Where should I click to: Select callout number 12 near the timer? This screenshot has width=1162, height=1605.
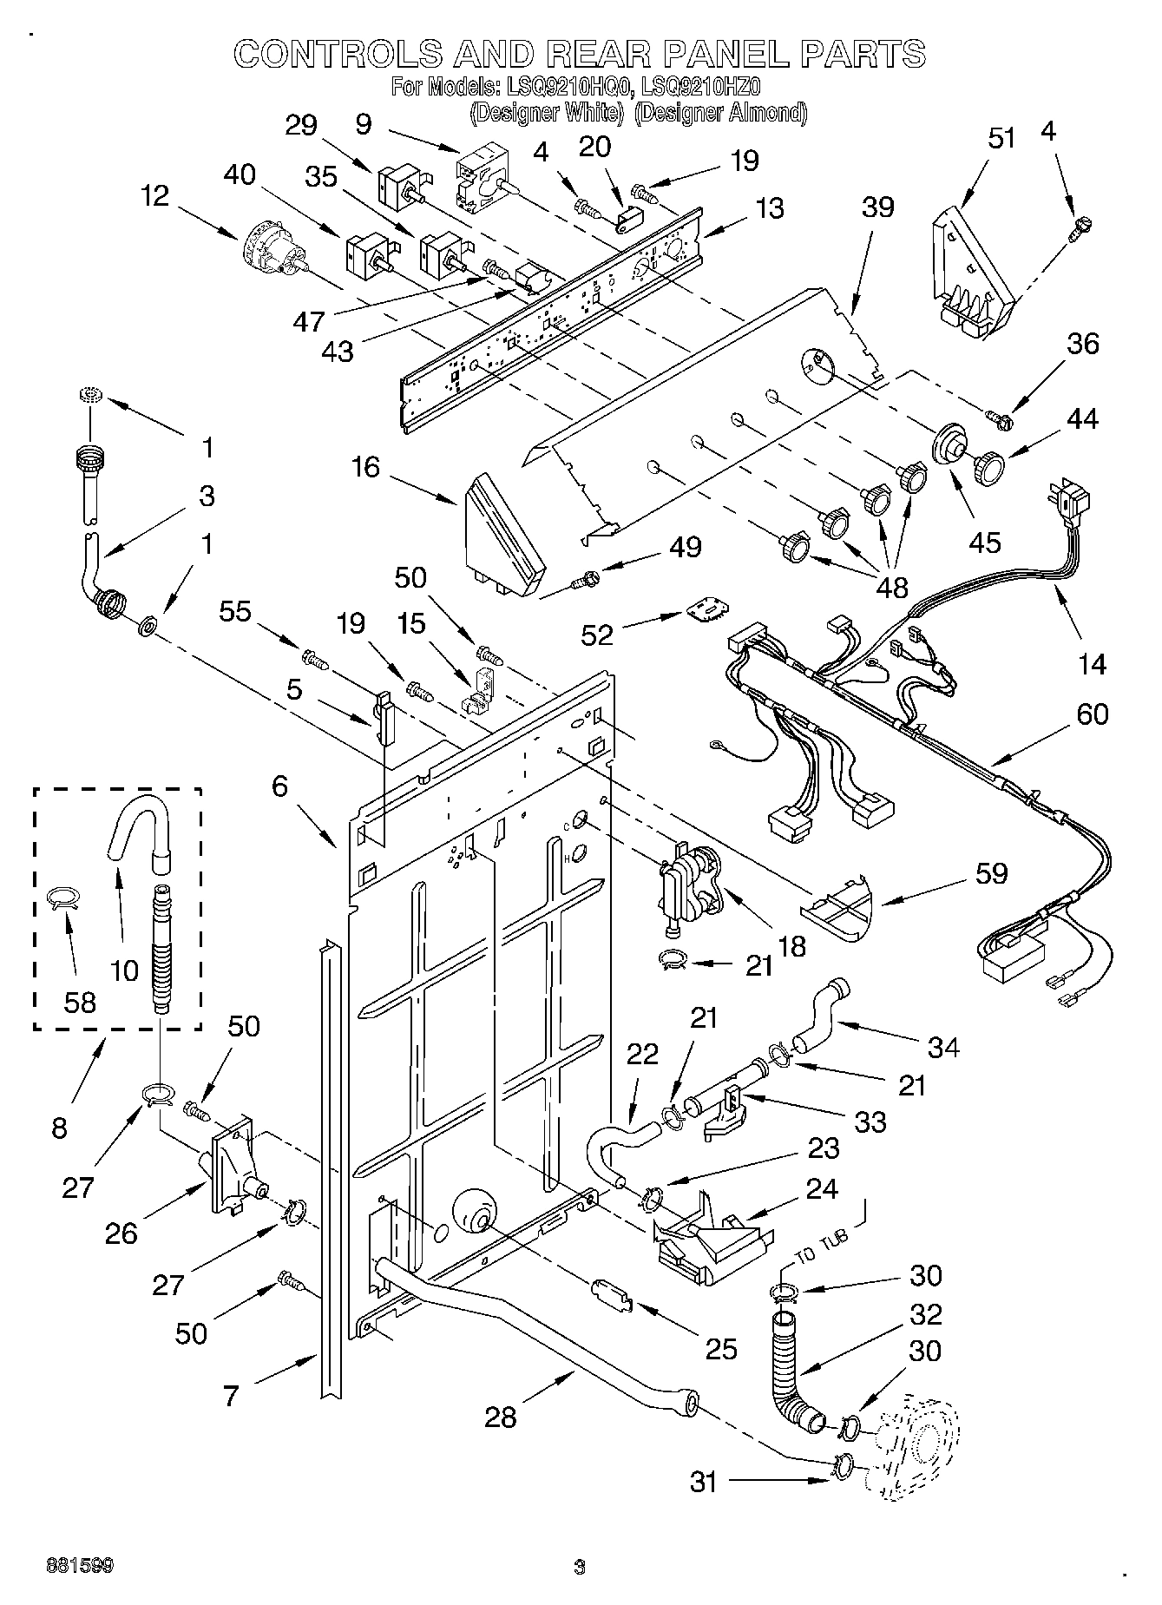[155, 196]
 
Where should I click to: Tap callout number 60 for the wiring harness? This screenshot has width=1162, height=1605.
[1092, 714]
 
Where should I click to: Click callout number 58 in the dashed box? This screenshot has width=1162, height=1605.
[80, 1002]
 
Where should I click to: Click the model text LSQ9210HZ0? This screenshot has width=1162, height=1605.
[699, 88]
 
